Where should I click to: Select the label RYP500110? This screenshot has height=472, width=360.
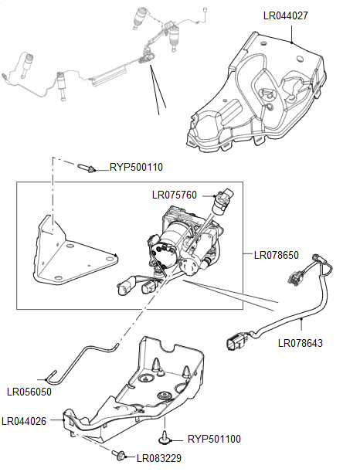click(x=136, y=166)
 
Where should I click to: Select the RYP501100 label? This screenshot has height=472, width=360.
click(x=214, y=440)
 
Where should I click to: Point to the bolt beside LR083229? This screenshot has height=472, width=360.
click(x=121, y=457)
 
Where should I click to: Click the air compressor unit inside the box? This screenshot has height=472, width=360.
click(x=185, y=247)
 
